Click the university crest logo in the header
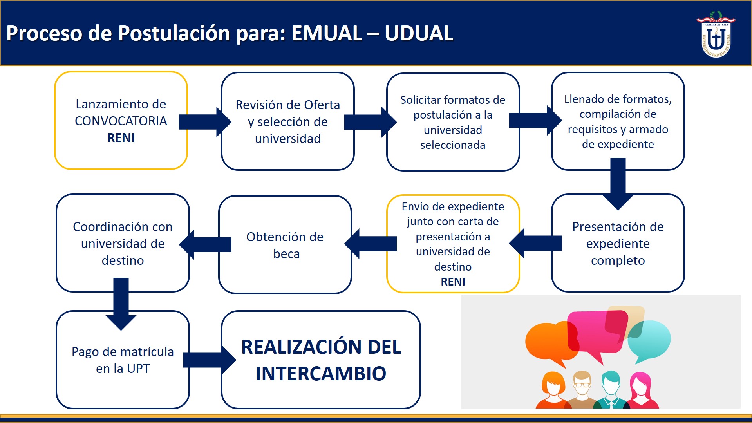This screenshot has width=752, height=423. (716, 34)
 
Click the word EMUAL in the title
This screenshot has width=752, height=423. (326, 33)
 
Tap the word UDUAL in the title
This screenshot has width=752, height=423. (419, 33)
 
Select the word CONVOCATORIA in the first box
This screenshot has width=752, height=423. (121, 121)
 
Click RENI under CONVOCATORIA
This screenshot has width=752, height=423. (121, 138)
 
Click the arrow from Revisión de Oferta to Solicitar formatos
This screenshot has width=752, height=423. (371, 122)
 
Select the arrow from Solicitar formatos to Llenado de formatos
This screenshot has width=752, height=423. (535, 121)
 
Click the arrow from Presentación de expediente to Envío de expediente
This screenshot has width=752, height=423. (535, 243)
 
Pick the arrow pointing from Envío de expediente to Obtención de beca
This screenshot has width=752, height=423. (371, 244)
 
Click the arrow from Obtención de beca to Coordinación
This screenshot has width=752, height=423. (205, 245)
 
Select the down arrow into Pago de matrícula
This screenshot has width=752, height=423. (121, 304)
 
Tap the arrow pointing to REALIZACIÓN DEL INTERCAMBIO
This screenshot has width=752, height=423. (210, 360)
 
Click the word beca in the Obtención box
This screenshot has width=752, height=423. (287, 254)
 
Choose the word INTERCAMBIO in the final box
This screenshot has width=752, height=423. (321, 373)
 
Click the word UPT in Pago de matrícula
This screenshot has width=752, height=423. (138, 369)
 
